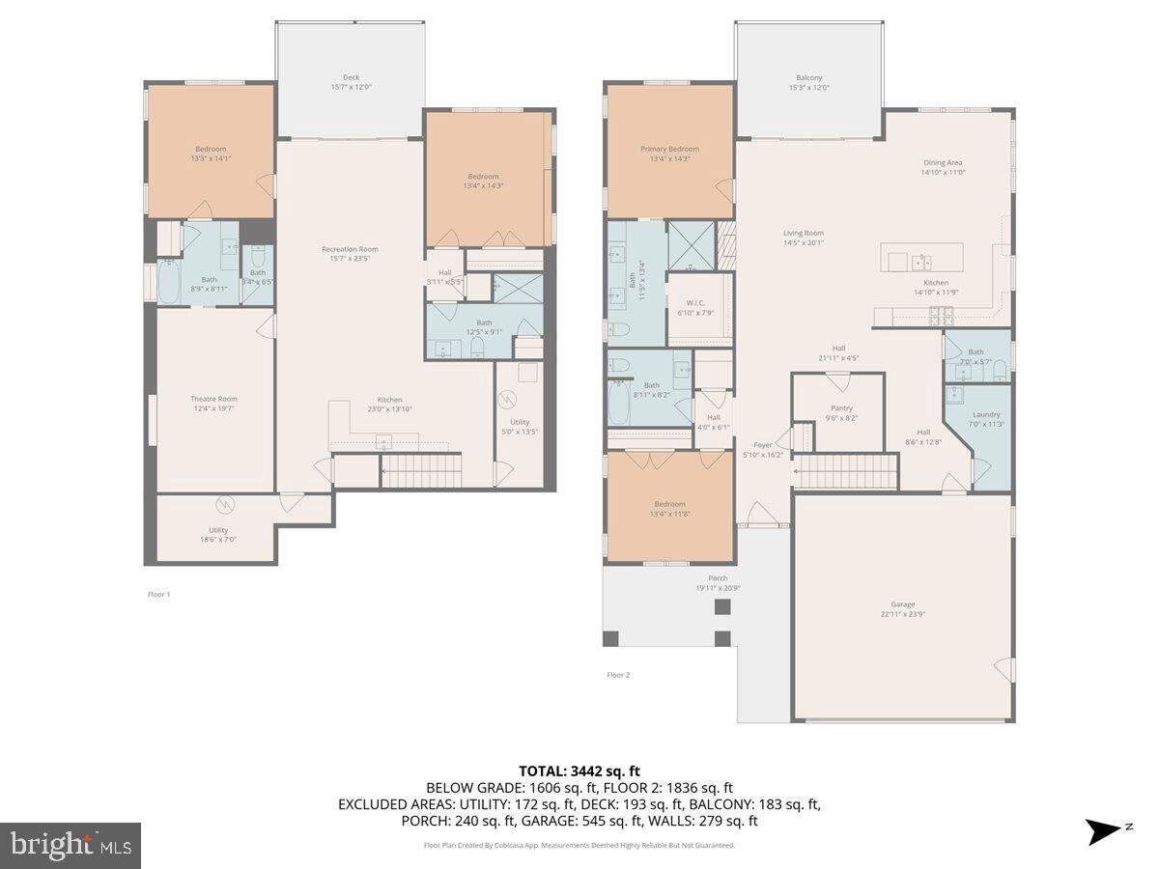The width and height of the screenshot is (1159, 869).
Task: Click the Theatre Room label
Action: (x=213, y=404)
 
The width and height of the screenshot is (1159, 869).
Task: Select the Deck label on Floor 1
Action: (x=350, y=82)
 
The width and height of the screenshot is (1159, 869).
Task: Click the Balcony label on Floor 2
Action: (x=809, y=82)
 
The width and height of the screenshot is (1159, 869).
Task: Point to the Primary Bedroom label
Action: (x=669, y=154)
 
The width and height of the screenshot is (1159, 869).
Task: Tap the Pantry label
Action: (x=840, y=412)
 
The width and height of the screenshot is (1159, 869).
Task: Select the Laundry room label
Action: (x=986, y=419)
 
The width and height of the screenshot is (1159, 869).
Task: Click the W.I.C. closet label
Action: (x=695, y=307)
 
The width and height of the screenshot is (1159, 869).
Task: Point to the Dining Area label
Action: (x=943, y=167)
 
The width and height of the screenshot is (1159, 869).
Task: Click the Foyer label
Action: (x=763, y=449)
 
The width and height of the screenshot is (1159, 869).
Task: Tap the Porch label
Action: (x=718, y=582)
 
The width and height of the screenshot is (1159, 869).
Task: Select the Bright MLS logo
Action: (x=71, y=846)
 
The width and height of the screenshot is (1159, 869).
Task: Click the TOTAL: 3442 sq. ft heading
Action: (x=579, y=771)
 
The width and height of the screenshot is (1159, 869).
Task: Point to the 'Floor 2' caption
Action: (x=618, y=675)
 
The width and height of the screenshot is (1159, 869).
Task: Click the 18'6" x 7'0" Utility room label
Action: (x=218, y=534)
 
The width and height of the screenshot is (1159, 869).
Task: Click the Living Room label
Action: (x=803, y=238)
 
